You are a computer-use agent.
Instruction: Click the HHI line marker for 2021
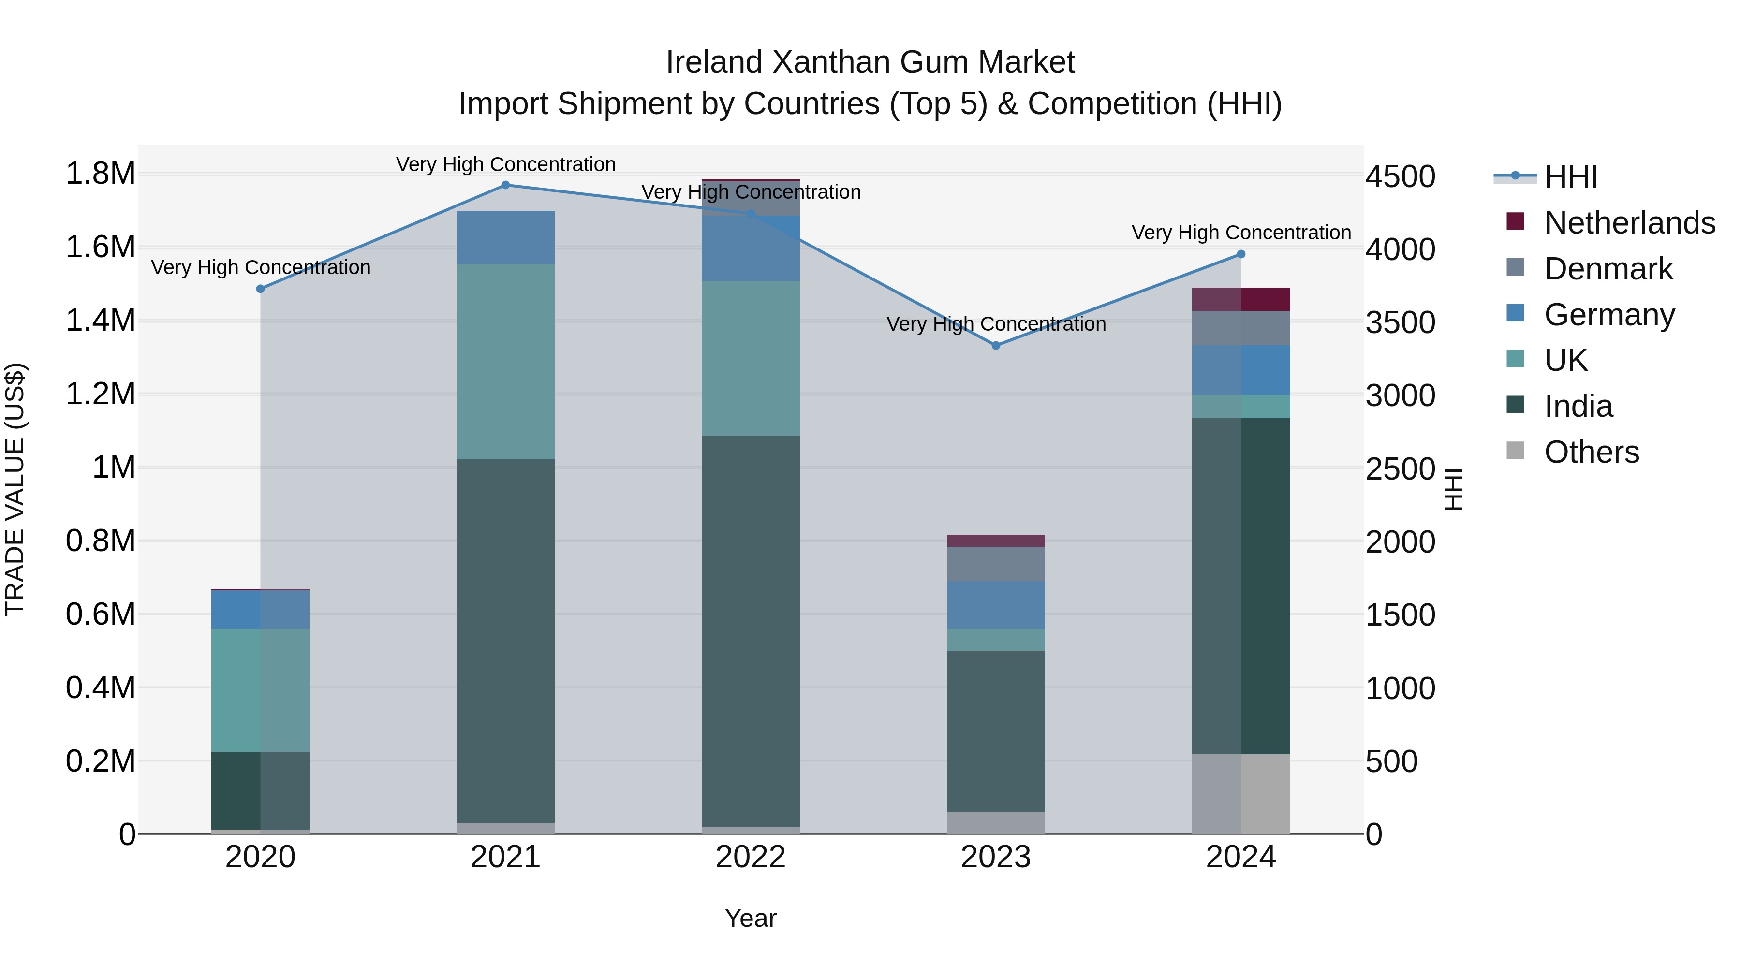(505, 185)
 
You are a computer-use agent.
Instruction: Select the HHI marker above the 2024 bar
(1241, 254)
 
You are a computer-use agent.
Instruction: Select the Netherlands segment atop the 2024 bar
(1241, 299)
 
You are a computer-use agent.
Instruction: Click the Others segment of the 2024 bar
(1241, 794)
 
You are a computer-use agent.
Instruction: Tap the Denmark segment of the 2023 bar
(996, 564)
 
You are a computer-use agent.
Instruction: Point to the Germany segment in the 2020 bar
(260, 610)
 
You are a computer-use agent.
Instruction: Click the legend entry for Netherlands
(1629, 223)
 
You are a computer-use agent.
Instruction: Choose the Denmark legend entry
(1608, 269)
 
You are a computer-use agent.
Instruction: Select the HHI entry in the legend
(1571, 177)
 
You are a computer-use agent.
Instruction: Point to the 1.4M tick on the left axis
(100, 320)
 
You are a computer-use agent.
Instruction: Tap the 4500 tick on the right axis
(1400, 177)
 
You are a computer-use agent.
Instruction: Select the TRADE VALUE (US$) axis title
(15, 489)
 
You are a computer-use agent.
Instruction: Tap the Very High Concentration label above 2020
(260, 267)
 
